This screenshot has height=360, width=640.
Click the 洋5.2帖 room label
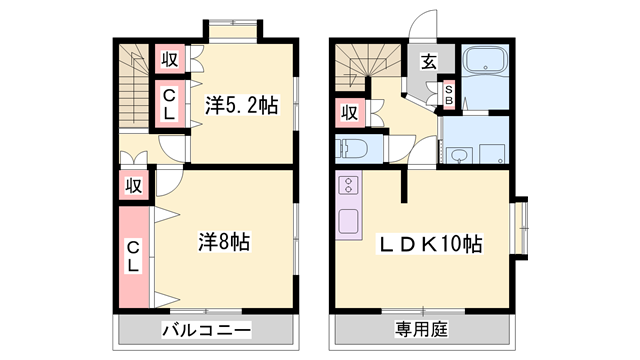(242, 105)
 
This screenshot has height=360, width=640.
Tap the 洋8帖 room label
(224, 242)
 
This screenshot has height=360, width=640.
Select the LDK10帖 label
(431, 244)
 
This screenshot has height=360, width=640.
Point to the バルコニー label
(207, 329)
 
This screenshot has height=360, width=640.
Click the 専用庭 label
(421, 329)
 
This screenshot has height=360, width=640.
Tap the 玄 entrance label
(429, 62)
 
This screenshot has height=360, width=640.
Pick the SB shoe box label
(449, 95)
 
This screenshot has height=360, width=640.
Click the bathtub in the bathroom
(485, 60)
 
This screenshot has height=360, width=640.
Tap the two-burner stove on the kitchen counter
(349, 184)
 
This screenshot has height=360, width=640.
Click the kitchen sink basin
(348, 222)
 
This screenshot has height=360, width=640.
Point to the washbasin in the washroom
(459, 155)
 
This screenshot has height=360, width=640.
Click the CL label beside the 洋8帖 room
(133, 256)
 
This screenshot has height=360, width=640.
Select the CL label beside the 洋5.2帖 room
(169, 104)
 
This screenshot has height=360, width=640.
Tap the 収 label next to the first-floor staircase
(349, 113)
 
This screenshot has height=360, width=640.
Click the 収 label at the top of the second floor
(170, 60)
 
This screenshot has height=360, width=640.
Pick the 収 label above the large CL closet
(133, 186)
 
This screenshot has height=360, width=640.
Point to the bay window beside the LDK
(521, 228)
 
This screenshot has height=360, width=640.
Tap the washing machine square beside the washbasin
(492, 154)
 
